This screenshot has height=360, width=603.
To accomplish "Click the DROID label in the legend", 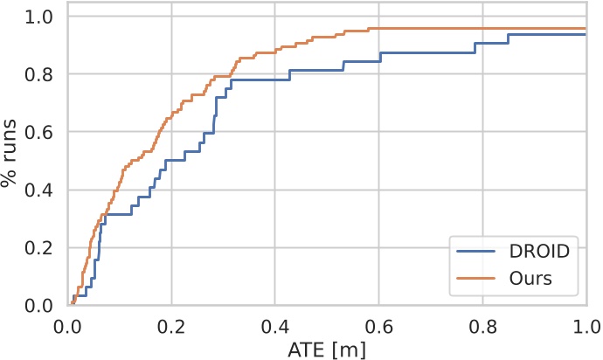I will click(538, 251).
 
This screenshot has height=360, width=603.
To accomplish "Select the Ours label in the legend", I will click(530, 279).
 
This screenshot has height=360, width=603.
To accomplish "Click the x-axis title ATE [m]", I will click(328, 349).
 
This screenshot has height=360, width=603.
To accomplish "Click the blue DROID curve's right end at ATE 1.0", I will click(585, 35).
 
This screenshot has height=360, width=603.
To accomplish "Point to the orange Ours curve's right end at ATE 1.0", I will click(585, 29).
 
